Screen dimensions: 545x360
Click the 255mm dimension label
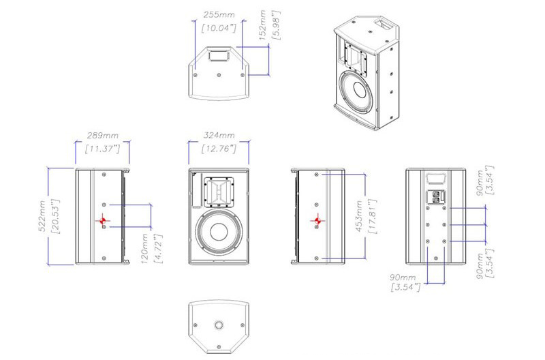tap(219, 15)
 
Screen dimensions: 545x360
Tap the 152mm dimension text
tap(263, 25)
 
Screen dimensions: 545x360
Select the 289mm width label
tap(103, 135)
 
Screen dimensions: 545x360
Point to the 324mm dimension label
tap(219, 135)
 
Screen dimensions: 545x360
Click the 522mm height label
tap(42, 216)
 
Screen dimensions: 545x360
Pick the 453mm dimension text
tap(360, 216)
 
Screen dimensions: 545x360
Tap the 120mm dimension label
tap(145, 248)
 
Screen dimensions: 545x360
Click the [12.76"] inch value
tap(219, 149)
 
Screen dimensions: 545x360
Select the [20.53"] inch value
tap(56, 216)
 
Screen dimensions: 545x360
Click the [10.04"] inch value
tap(219, 28)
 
